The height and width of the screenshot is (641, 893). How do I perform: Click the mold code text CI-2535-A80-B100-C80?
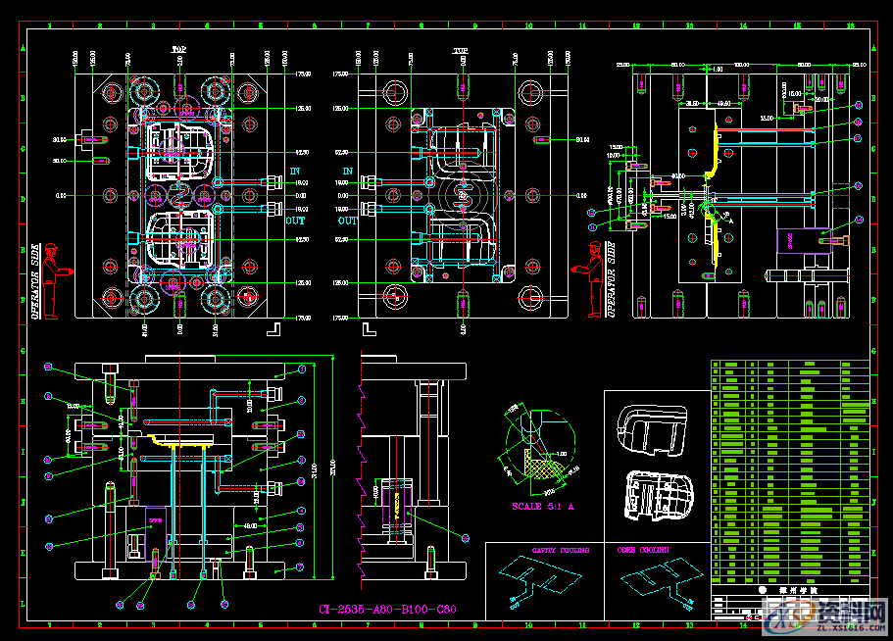[x=388, y=609]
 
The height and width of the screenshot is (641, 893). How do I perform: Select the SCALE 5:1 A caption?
[x=544, y=507]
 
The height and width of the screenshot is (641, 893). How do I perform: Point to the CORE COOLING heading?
[x=645, y=551]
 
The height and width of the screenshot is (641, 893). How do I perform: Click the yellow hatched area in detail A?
[x=539, y=468]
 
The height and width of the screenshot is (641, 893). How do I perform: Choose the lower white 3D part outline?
[x=658, y=492]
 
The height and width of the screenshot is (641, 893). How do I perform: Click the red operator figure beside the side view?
[x=593, y=278]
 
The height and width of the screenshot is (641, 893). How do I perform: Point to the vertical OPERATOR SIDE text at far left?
[x=35, y=281]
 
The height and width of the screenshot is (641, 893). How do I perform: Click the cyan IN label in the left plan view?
[x=295, y=171]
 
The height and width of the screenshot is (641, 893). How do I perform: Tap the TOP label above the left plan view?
[x=179, y=48]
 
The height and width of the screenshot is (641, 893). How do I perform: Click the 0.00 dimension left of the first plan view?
[x=62, y=196]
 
